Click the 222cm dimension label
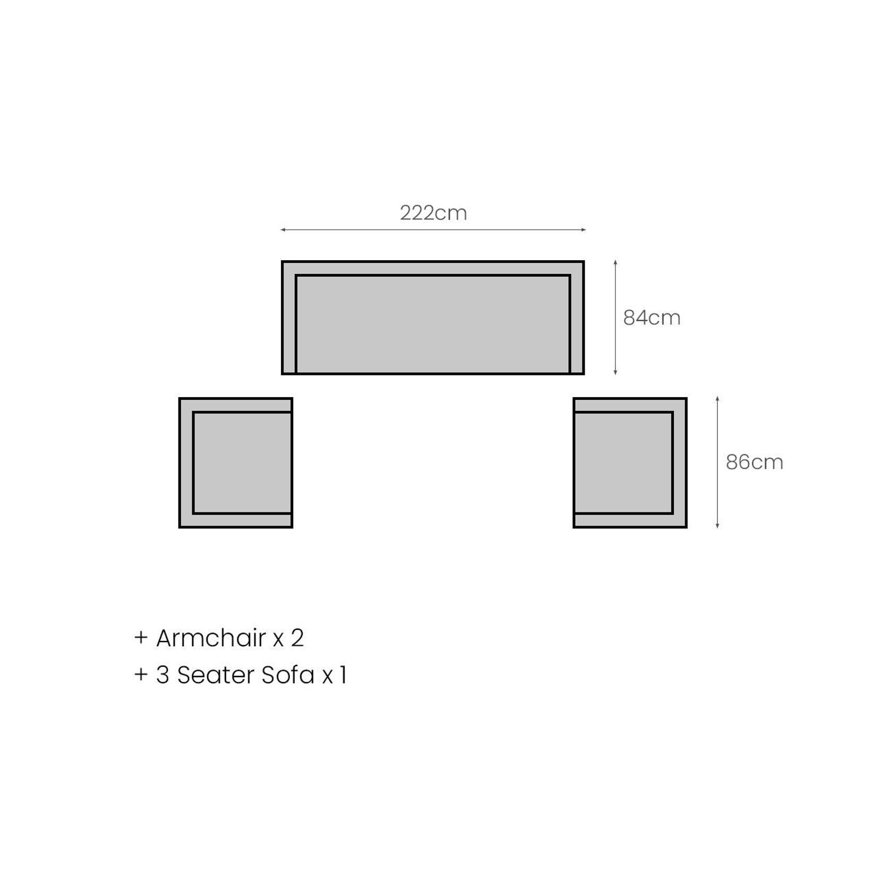point(433,213)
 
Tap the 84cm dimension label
point(652,318)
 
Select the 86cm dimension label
point(755,462)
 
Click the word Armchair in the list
point(211,637)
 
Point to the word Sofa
point(288,675)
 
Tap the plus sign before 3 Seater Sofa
point(141,674)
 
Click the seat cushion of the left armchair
point(243,463)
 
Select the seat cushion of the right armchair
point(623,463)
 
